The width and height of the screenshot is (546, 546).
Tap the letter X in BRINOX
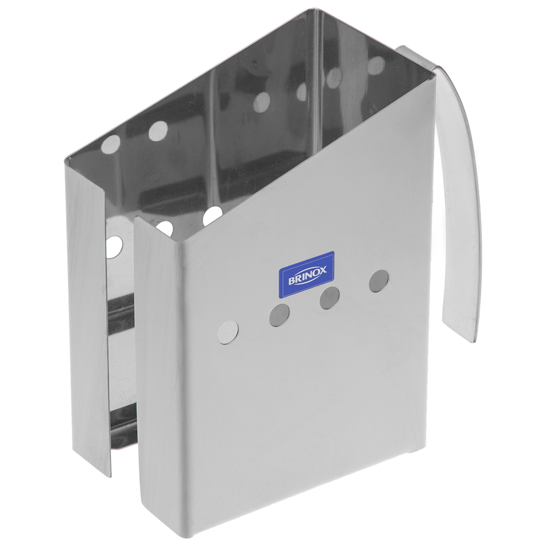click(x=323, y=268)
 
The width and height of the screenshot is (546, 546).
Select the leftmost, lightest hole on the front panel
click(x=228, y=332)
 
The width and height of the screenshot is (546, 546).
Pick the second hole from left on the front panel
click(x=279, y=315)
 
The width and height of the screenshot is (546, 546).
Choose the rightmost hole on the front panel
click(x=379, y=281)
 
